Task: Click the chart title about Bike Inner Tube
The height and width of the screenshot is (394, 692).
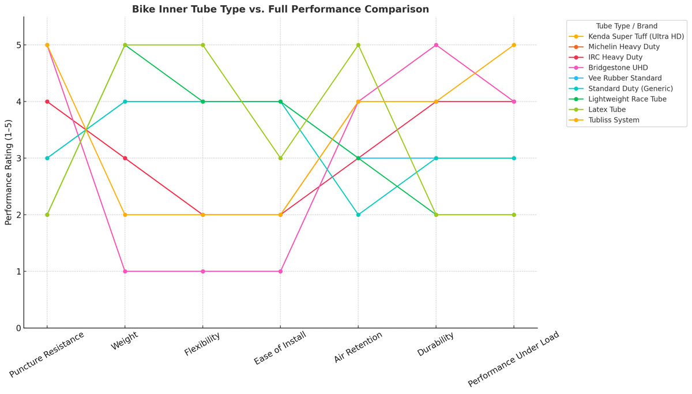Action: [280, 9]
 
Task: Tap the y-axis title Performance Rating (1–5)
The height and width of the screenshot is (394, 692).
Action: [9, 172]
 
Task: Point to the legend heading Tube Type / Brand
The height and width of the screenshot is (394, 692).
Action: [627, 26]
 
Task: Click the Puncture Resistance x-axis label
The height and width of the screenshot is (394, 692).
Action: [47, 355]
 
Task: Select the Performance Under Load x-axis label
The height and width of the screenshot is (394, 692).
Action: [514, 359]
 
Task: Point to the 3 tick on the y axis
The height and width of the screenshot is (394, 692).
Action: [18, 159]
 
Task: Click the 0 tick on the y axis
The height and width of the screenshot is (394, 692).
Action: [18, 328]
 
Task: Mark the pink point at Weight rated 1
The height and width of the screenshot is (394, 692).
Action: [125, 271]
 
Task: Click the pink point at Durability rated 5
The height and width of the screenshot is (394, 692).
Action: [436, 45]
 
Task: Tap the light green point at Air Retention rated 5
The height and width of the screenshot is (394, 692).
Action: [358, 45]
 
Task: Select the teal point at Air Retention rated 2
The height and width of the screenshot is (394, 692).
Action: [358, 215]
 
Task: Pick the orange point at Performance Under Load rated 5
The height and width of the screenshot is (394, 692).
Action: [514, 45]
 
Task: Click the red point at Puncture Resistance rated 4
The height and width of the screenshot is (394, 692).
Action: [47, 102]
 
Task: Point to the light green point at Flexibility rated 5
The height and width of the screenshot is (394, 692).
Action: [203, 45]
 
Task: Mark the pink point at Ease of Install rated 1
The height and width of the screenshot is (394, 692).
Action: [280, 271]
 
